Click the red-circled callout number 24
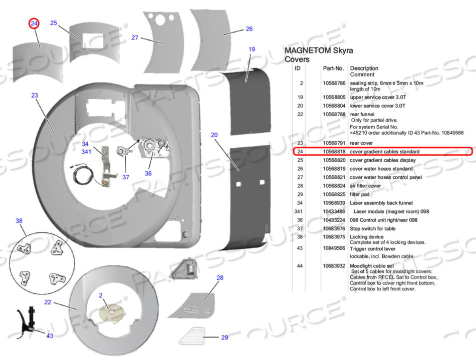click(x=34, y=24)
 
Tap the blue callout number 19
click(x=252, y=49)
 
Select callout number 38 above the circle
click(x=19, y=221)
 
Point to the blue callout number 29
click(x=224, y=337)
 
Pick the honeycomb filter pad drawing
click(x=191, y=336)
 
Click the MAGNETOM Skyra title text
click(x=319, y=51)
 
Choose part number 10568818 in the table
click(x=334, y=151)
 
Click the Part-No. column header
click(x=333, y=68)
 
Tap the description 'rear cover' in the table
click(x=361, y=143)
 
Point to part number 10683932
click(x=334, y=266)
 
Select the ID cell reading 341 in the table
click(x=299, y=211)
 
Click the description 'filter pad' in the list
click(x=359, y=194)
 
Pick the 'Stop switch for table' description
click(x=372, y=228)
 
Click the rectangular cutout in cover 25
click(x=93, y=41)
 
